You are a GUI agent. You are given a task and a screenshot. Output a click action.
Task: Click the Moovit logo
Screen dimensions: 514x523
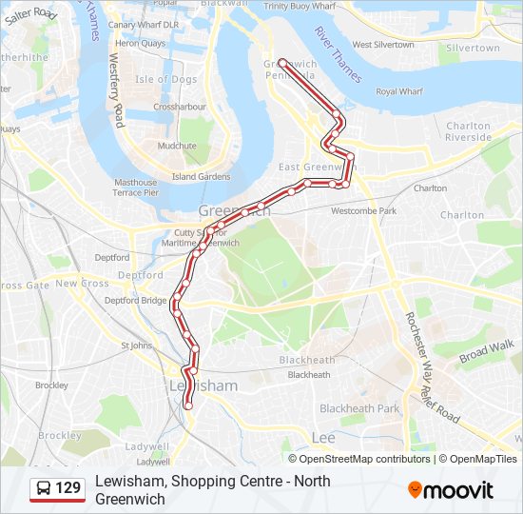pyautogui.click(x=450, y=490)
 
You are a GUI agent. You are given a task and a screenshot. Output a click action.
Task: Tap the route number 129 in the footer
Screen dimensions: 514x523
pyautogui.click(x=68, y=489)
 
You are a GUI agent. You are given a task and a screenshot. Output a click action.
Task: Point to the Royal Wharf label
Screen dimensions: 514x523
pyautogui.click(x=399, y=91)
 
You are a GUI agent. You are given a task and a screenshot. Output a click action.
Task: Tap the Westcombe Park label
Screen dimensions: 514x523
pyautogui.click(x=363, y=210)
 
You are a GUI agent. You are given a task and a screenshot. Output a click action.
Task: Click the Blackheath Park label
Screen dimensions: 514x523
pyautogui.click(x=359, y=408)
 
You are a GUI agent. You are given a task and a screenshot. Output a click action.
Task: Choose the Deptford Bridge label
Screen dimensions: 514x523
pyautogui.click(x=135, y=300)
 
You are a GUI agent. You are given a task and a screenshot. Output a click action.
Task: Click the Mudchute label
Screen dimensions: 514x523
pyautogui.click(x=177, y=146)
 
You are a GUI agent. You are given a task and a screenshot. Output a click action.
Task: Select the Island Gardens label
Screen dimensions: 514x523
pyautogui.click(x=201, y=177)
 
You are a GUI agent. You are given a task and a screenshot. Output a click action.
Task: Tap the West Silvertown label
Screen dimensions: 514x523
pyautogui.click(x=383, y=45)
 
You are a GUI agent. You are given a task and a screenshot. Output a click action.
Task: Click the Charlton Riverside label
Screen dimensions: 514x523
pyautogui.click(x=469, y=131)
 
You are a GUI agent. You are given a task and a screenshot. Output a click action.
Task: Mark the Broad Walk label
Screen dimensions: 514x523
pyautogui.click(x=487, y=351)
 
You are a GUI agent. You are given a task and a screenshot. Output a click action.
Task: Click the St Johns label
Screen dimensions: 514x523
pyautogui.click(x=136, y=346)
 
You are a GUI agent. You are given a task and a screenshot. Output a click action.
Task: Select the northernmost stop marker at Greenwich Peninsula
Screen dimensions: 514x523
pyautogui.click(x=282, y=62)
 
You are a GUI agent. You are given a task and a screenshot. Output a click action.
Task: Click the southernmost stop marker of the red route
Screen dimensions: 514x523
pyautogui.click(x=187, y=405)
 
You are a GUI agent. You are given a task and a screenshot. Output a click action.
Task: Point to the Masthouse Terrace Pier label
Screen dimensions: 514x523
pyautogui.click(x=135, y=188)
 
